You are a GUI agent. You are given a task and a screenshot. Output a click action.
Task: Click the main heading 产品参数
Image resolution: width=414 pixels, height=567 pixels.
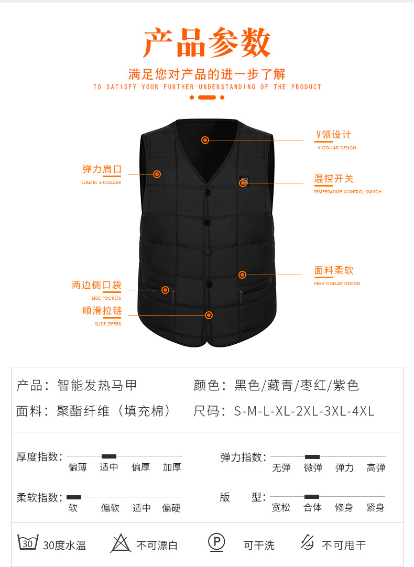point(207,43)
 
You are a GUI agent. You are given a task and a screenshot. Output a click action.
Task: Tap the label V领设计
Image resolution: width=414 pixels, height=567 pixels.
point(333,135)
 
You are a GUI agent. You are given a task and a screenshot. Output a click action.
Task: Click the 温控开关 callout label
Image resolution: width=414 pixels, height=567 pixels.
point(334,179)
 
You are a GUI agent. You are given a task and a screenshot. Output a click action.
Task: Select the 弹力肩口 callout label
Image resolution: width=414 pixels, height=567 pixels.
point(102,169)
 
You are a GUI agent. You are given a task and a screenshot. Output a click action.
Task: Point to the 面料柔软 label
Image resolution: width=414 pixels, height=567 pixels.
point(334,270)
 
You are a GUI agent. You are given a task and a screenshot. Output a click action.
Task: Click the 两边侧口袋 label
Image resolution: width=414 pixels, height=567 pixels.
point(96,285)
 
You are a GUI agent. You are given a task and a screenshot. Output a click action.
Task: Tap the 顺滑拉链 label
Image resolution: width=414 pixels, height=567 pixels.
point(102,311)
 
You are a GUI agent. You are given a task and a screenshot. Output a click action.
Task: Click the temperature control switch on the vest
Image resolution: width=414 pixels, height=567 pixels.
point(244,182)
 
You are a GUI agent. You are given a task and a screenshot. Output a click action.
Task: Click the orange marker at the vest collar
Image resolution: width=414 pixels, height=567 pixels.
point(205,140)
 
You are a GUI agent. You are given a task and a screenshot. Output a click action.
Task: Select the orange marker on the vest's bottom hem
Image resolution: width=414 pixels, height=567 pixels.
point(209,315)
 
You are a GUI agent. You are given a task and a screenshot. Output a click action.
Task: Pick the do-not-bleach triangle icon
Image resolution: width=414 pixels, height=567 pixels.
point(121,543)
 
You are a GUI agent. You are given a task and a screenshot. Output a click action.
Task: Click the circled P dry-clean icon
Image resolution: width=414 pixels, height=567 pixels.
point(216,542)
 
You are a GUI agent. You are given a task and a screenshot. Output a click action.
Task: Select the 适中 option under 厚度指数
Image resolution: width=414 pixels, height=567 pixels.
point(109,467)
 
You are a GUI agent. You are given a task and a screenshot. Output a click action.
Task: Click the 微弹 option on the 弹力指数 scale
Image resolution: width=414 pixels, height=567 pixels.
point(312,467)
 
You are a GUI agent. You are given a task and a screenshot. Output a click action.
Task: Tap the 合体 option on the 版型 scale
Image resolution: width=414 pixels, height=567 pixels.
point(312,507)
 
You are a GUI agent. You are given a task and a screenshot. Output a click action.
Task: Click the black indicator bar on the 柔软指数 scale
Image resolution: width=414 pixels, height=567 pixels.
point(74,497)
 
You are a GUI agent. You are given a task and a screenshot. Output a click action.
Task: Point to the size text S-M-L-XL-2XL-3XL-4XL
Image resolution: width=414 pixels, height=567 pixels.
point(304,411)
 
